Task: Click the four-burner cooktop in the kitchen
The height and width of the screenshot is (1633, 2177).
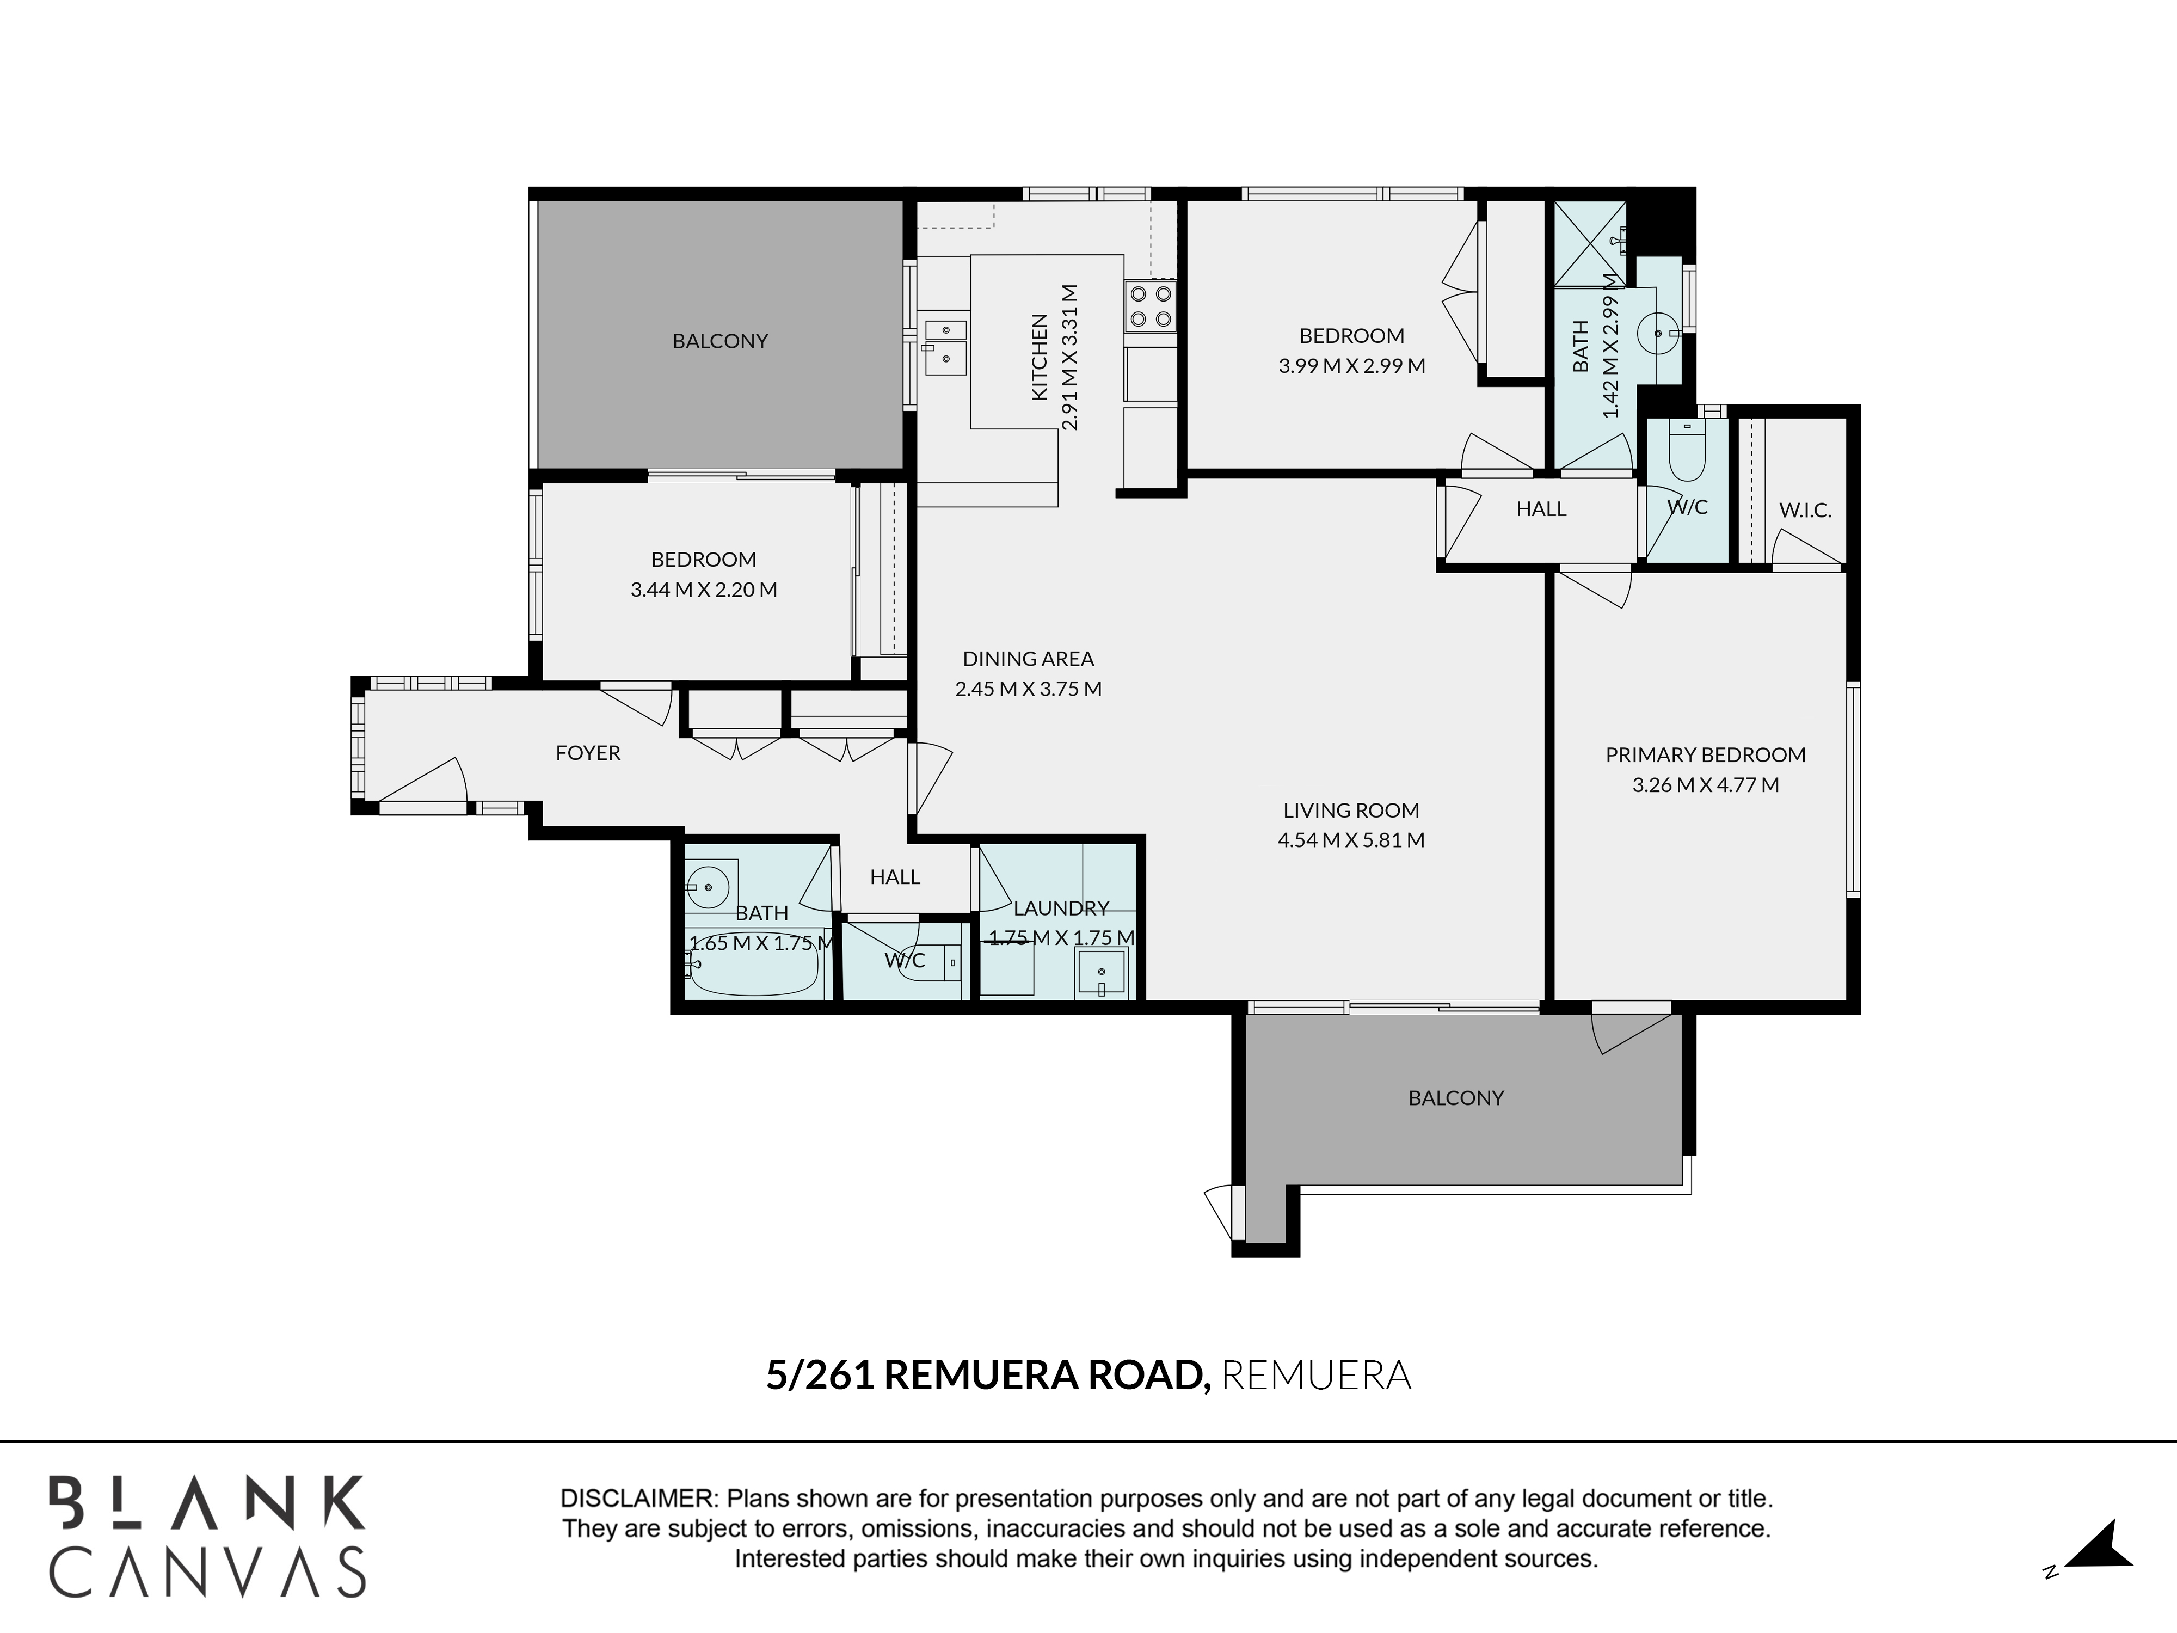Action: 1149,306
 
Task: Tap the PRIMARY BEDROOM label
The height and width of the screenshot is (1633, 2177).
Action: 1706,755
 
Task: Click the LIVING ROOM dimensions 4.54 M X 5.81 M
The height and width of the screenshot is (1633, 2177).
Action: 1351,839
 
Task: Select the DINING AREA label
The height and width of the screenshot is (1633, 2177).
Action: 1029,659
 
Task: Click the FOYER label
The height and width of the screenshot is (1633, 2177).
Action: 588,753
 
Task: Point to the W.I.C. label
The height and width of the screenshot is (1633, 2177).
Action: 1805,511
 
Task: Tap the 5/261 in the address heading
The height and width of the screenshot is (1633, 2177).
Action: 820,1375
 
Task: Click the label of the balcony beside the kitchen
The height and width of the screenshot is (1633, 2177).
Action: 721,341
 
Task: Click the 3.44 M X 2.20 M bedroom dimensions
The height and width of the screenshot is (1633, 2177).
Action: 704,590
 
